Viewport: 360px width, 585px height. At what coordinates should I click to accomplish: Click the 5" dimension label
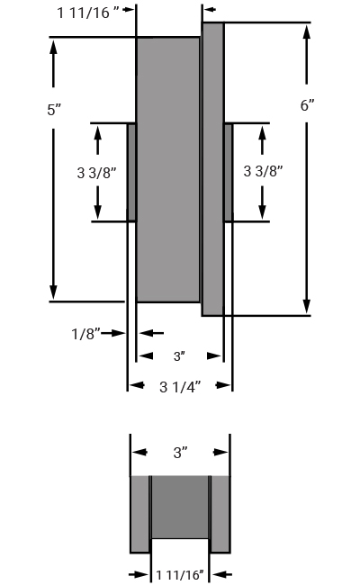point(54,110)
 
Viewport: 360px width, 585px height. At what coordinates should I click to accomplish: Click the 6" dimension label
point(308,105)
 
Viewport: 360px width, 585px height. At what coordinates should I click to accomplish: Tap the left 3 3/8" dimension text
point(96,173)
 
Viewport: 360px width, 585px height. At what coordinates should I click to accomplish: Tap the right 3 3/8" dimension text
point(263,171)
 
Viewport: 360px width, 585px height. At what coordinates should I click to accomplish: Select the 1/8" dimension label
point(85,334)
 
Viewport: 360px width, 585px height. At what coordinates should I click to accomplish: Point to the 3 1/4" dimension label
point(180,387)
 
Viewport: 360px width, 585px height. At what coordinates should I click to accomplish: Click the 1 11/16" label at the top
point(88,13)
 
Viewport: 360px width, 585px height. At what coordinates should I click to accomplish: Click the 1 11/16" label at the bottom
point(180,575)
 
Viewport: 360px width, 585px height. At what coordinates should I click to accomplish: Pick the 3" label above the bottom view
point(180,453)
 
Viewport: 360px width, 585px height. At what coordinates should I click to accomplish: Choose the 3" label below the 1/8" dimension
point(179,356)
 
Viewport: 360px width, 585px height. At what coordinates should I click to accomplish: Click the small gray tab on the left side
point(131,173)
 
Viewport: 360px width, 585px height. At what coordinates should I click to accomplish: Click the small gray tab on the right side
point(229,173)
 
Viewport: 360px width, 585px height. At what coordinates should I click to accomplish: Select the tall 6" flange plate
point(213,169)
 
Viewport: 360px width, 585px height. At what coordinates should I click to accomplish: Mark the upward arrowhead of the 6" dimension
point(307,32)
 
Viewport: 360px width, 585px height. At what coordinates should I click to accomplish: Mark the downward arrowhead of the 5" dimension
point(53,292)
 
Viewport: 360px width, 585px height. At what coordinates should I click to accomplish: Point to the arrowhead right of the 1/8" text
point(118,333)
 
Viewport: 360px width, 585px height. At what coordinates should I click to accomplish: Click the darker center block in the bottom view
point(180,507)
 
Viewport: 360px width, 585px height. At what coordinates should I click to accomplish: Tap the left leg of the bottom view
point(139,514)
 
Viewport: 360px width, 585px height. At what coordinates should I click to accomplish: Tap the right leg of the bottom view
point(220,514)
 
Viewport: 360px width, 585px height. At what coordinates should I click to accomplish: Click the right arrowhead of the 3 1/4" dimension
point(224,385)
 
